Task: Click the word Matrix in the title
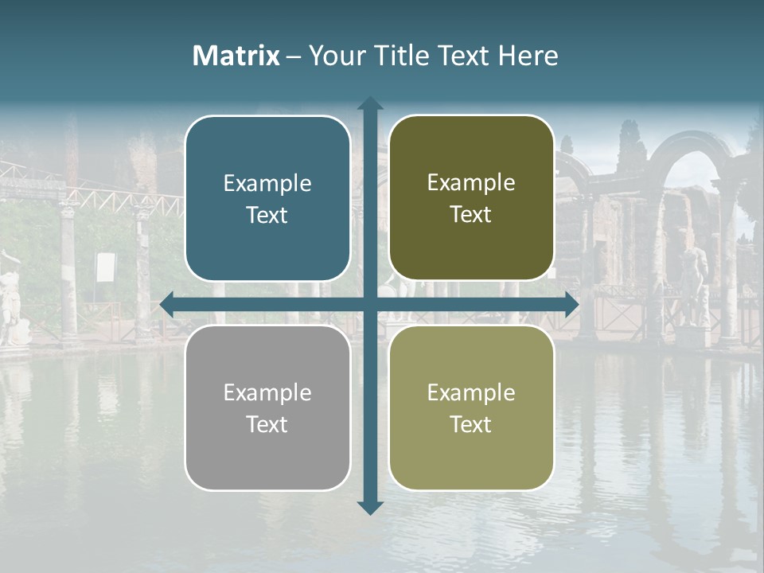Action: (236, 56)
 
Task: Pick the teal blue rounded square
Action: (267, 198)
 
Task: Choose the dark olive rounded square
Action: (471, 198)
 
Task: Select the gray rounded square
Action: (267, 407)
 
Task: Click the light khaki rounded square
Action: (471, 407)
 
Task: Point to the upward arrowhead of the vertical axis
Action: (370, 104)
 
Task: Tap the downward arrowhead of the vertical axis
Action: (370, 507)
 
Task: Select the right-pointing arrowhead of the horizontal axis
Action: (571, 304)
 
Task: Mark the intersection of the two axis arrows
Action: (370, 304)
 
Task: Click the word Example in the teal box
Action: (267, 183)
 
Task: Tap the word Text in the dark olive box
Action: (471, 215)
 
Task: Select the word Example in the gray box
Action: (267, 392)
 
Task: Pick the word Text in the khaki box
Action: (471, 424)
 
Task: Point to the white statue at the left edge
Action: (10, 298)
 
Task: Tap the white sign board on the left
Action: (105, 267)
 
